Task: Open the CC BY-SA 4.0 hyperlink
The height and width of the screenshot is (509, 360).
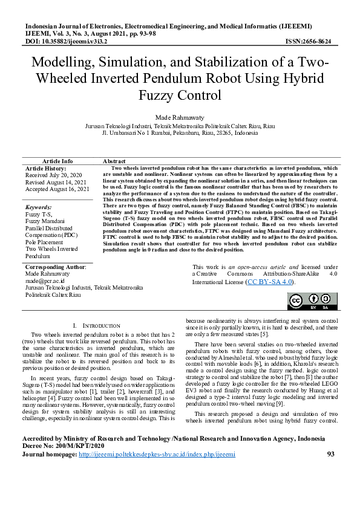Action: (x=271, y=282)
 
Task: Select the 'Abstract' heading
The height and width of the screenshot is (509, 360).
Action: (x=114, y=161)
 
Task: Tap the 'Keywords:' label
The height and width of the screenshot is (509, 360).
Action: (x=38, y=207)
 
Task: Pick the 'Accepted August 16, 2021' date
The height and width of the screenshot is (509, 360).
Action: (x=57, y=189)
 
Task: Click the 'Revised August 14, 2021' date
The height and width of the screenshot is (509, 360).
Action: (x=56, y=181)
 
